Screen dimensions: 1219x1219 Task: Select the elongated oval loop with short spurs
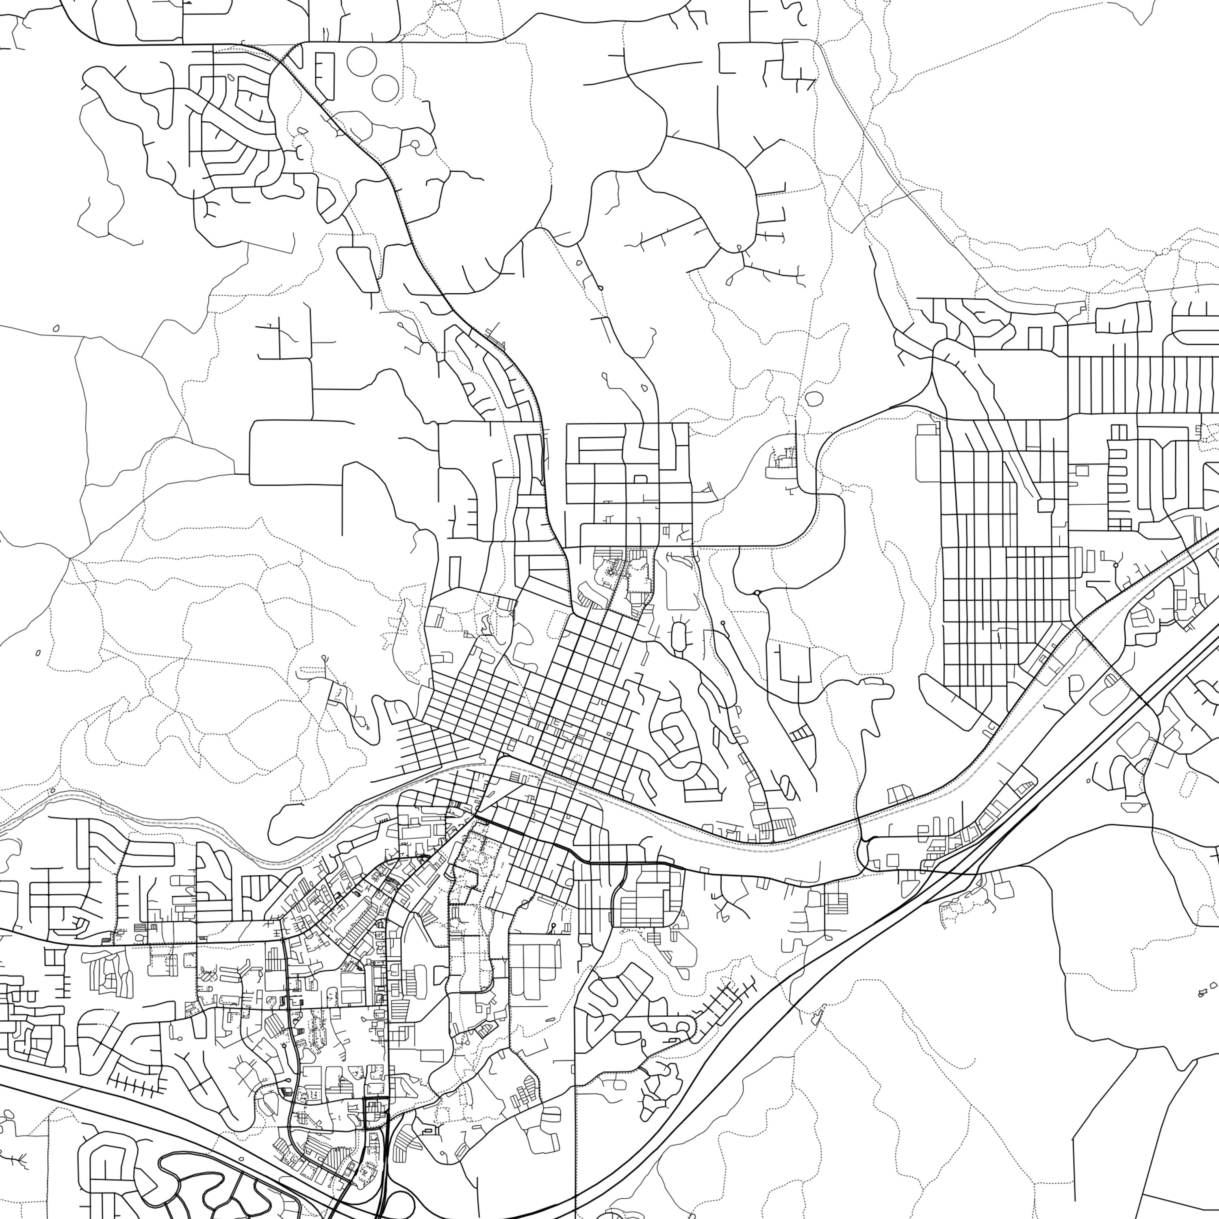coord(679,636)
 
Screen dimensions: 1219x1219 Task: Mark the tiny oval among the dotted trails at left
coord(39,653)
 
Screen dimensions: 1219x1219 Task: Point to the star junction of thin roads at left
coord(69,558)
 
